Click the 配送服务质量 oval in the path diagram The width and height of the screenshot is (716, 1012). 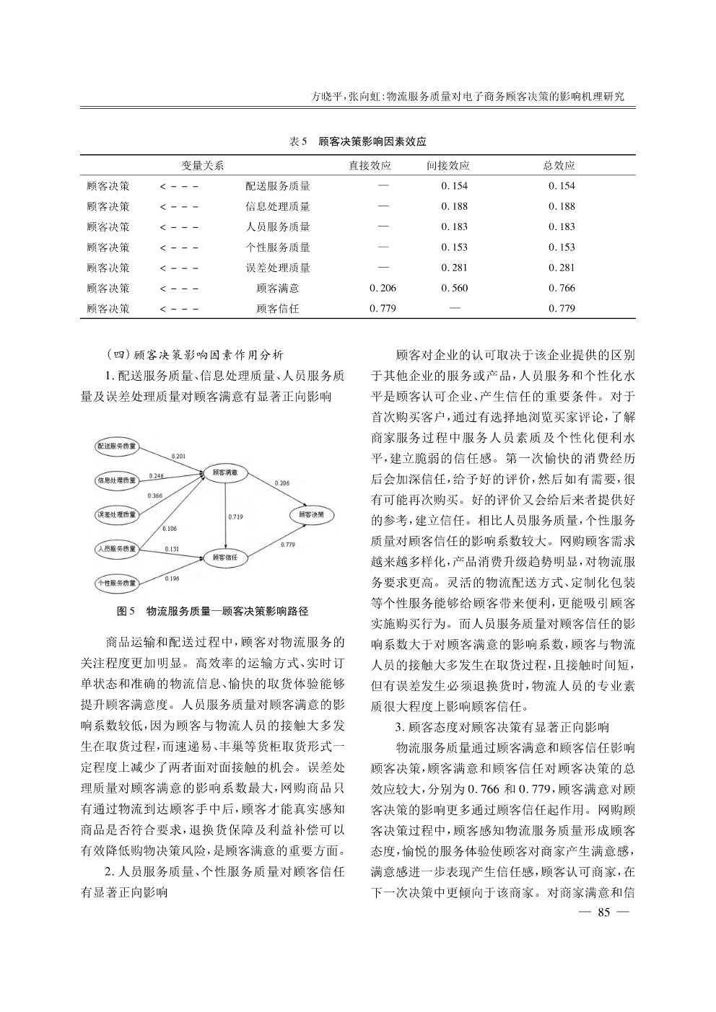coord(117,446)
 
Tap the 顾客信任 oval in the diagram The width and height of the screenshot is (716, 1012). coord(226,557)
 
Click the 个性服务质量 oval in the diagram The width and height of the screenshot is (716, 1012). coord(117,582)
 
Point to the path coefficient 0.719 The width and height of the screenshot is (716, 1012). coord(235,516)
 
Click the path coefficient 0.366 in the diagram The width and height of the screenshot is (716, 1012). coord(154,496)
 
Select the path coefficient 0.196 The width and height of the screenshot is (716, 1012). coord(172,578)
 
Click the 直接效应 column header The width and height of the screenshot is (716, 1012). coord(370,165)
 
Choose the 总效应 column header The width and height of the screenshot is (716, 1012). coord(559,165)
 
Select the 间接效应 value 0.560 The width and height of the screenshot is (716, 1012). coord(455,289)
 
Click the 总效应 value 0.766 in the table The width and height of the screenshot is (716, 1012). coord(562,289)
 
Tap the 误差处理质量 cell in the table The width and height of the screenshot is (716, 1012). coord(277,268)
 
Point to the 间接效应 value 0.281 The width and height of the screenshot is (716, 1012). coord(455,268)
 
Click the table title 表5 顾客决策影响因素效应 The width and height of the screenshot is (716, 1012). coord(357,141)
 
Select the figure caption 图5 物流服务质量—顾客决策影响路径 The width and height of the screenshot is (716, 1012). coord(213,611)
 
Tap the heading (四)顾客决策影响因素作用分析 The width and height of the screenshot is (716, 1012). coord(194,355)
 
